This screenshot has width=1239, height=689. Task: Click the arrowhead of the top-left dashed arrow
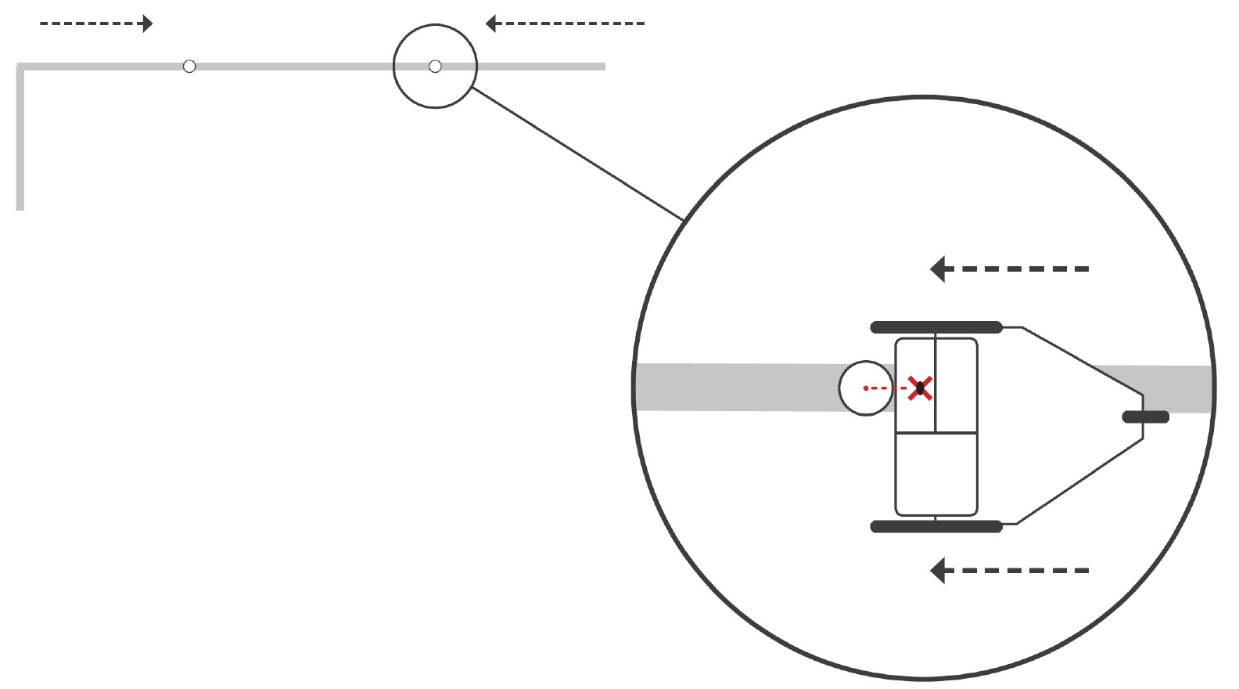coord(148,23)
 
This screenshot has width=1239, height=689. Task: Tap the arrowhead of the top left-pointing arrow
coord(491,23)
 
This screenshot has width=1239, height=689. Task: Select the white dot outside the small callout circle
coord(189,67)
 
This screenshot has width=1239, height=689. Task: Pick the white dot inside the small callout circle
coord(436,67)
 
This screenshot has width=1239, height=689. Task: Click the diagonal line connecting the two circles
coord(579,153)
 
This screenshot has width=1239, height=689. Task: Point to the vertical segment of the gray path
coord(20,141)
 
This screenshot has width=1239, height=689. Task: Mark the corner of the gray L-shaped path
coord(21,67)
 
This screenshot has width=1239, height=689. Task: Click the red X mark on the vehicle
coord(920,388)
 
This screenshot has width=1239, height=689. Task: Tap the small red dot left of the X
coord(865,388)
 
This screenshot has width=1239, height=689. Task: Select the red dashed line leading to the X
coord(888,388)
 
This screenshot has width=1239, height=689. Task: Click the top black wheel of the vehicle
coord(936,327)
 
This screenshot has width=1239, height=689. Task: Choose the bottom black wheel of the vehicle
coord(936,527)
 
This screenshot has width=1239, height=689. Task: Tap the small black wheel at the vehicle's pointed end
coord(1146,417)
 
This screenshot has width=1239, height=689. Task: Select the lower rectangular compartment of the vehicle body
coord(936,474)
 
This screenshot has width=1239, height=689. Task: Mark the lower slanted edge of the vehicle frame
coord(1079,482)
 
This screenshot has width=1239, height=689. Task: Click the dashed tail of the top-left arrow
coord(86,23)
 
